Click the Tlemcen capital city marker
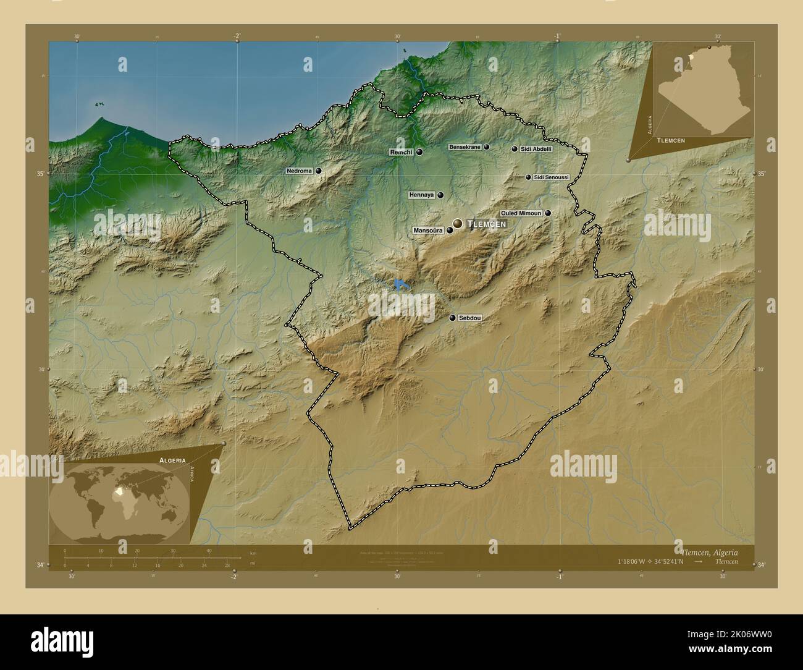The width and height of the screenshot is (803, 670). point(457,223)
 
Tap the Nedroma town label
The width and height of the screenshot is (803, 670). point(300,171)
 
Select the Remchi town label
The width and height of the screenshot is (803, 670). point(401,152)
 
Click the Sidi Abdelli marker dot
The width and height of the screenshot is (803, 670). point(514,149)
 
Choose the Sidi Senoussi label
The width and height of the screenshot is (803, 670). point(551,177)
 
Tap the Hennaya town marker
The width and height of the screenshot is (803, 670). point(440,195)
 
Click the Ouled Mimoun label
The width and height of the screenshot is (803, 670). point(521,213)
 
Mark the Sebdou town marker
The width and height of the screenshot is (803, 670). point(453,318)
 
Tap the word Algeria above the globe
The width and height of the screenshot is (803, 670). point(172,460)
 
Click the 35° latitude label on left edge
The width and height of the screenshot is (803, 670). point(40,174)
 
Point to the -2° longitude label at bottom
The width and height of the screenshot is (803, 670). point(233,577)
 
